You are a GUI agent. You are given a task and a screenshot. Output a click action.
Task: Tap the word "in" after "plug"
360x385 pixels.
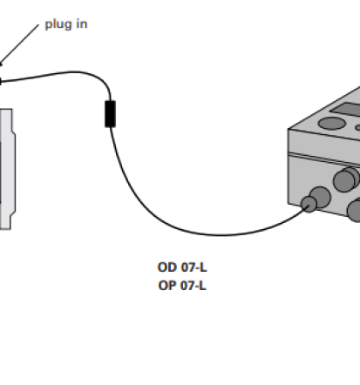[82, 24]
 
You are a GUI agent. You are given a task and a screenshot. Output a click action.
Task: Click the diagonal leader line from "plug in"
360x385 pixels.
[19, 45]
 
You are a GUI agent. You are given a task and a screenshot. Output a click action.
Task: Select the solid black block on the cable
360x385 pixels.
[110, 114]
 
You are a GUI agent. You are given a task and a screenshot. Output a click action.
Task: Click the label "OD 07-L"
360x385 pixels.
[182, 267]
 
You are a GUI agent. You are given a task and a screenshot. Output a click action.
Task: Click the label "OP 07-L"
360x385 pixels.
[182, 286]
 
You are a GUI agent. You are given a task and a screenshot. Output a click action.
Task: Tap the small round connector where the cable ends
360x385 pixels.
[309, 204]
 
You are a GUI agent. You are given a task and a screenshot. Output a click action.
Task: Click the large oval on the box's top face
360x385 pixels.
[331, 123]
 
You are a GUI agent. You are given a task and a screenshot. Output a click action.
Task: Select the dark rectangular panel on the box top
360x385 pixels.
[346, 109]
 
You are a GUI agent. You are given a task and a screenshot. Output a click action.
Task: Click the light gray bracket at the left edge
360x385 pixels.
[7, 169]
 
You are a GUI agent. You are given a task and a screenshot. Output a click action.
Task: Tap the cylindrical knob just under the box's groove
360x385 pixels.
[346, 179]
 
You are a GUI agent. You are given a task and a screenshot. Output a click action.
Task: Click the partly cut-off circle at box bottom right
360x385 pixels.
[354, 210]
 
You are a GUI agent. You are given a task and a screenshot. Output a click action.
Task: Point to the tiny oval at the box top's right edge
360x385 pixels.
[357, 128]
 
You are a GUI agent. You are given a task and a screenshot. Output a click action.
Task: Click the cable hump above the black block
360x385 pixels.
[76, 71]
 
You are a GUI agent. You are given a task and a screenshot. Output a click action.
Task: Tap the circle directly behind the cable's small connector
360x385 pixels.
[322, 196]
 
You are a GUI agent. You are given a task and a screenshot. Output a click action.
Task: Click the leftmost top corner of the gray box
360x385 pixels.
[289, 129]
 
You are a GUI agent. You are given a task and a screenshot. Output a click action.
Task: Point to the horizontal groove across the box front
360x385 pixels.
[324, 159]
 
